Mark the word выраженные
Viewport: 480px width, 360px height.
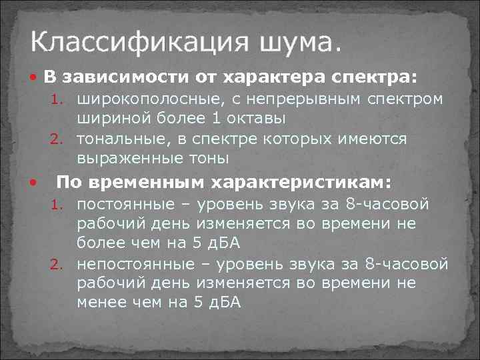tap(129, 159)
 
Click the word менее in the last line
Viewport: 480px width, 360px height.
tap(99, 302)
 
